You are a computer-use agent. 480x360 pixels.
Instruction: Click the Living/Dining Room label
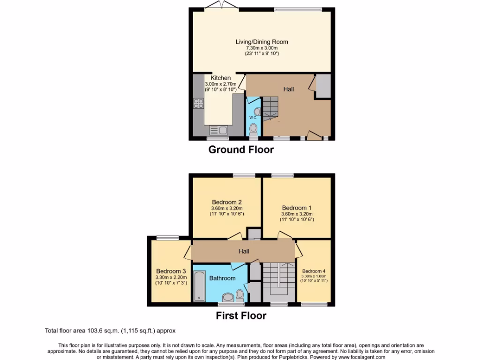coord(262,42)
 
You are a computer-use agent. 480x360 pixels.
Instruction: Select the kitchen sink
coord(218,130)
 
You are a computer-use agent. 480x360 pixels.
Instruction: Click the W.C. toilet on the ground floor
coord(254,128)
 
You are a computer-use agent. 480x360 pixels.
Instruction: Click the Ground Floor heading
coord(241,150)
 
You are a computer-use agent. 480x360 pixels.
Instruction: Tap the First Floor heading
coord(241,316)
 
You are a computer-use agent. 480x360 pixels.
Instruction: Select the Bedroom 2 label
coord(227,202)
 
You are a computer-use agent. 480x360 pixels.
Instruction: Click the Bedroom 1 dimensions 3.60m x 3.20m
coord(297,214)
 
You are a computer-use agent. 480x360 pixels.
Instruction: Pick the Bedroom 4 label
coord(314,271)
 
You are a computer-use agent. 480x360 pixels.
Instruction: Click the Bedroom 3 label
coord(171,271)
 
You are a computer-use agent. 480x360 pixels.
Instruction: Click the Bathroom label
coord(222,278)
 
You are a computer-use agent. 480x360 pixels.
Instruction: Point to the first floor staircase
coord(279,281)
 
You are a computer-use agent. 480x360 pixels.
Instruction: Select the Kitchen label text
coord(220,78)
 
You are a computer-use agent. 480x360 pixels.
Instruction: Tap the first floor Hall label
coord(244,251)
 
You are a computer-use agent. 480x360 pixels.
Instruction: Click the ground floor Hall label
coord(288,89)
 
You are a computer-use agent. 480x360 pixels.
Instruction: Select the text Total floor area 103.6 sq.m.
coord(82,330)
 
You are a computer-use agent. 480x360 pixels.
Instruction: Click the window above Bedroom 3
coord(167,238)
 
